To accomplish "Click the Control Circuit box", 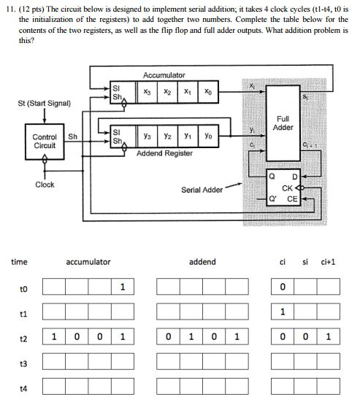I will [45, 140].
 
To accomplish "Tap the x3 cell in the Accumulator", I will [147, 92].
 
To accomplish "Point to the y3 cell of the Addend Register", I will [147, 135].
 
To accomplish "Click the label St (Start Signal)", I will [45, 103].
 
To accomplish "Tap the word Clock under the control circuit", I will [45, 185].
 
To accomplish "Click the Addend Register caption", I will [164, 153].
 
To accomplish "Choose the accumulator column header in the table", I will [88, 261].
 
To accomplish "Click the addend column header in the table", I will [202, 261].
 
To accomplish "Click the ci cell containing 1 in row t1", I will [283, 312].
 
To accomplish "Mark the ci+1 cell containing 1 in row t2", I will [329, 338].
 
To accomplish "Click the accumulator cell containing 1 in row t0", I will [123, 287].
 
